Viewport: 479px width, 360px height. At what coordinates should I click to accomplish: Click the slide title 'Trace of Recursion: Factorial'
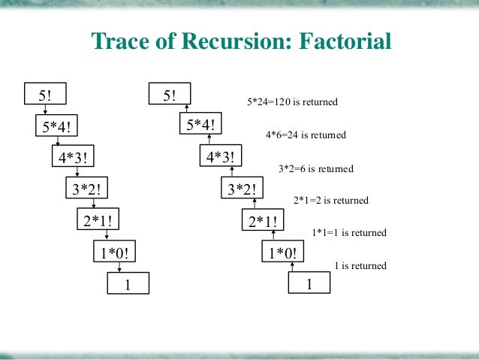pos(241,41)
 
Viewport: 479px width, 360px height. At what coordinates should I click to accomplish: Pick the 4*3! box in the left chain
pos(77,158)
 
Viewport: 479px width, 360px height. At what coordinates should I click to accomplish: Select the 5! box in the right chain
pos(169,95)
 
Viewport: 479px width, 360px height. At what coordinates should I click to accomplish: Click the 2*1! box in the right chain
pos(264,221)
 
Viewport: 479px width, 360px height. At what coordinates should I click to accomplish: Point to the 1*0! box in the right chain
pos(280,253)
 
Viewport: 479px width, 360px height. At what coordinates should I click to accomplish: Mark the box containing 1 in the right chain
pos(309,284)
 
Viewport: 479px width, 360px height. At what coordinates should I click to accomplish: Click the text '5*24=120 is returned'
pos(292,101)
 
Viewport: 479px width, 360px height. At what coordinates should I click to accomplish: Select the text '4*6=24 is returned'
pos(306,135)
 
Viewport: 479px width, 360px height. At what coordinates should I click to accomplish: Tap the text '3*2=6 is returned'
pos(315,168)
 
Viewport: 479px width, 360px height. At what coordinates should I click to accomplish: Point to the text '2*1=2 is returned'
pos(330,201)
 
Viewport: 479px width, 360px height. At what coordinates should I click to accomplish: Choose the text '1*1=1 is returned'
pos(348,233)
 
